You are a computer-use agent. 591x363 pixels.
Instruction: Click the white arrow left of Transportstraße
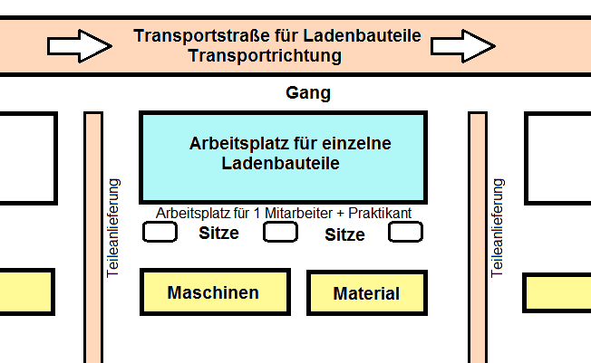pyautogui.click(x=79, y=46)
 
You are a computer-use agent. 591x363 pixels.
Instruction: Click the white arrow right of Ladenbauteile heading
pyautogui.click(x=463, y=46)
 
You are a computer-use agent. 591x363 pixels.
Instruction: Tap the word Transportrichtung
pyautogui.click(x=265, y=56)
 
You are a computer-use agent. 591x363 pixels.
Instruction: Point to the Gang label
pyautogui.click(x=308, y=92)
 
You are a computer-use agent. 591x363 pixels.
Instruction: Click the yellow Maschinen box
pyautogui.click(x=215, y=291)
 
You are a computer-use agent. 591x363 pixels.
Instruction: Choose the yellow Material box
pyautogui.click(x=367, y=292)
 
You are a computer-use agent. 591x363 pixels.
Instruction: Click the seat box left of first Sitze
pyautogui.click(x=160, y=232)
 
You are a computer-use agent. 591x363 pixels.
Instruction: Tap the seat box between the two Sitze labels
pyautogui.click(x=280, y=232)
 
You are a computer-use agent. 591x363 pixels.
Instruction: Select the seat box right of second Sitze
pyautogui.click(x=405, y=232)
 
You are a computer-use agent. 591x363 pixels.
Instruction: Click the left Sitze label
pyautogui.click(x=218, y=233)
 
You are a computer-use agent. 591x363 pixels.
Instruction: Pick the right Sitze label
pyautogui.click(x=344, y=234)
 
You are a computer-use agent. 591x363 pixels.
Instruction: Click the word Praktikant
pyautogui.click(x=380, y=213)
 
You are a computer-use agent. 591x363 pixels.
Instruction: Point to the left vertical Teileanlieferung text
pyautogui.click(x=112, y=228)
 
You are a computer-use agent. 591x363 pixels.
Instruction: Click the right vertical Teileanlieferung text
pyautogui.click(x=497, y=228)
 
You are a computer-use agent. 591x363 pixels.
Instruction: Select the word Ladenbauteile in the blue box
pyautogui.click(x=280, y=164)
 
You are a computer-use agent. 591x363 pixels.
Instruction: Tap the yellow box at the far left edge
pyautogui.click(x=27, y=291)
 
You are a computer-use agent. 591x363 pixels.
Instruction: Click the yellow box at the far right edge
pyautogui.click(x=557, y=293)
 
